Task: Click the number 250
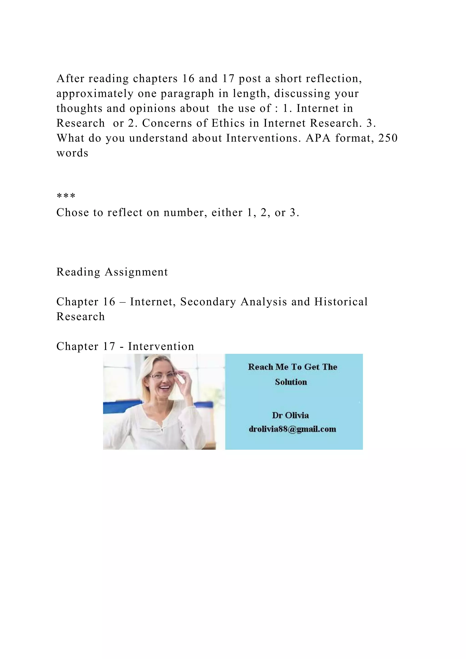[x=388, y=138]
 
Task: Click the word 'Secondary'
[x=208, y=302]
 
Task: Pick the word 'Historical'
[x=341, y=302]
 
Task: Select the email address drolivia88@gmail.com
[x=292, y=429]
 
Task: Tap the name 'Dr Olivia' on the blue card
[x=290, y=415]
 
